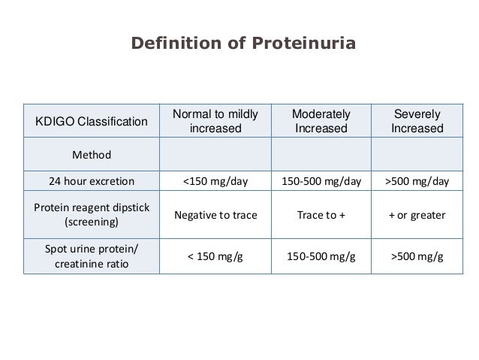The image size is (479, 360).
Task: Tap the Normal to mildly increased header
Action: coord(215,122)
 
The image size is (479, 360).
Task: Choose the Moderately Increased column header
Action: coord(321,122)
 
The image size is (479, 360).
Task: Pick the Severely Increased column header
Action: coord(417,122)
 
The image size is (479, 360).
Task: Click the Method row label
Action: coord(92,156)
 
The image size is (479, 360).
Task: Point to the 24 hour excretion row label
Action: coord(92,181)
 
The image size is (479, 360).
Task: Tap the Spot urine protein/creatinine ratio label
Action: coord(92,257)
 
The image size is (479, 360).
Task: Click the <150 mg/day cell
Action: coord(215,181)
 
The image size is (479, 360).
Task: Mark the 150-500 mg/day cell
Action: coord(321,181)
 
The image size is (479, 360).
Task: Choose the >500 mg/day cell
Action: coord(417,181)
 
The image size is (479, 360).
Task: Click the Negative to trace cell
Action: coord(215,215)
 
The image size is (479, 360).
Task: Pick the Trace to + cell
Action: coord(321,215)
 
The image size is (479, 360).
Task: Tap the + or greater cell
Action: coord(417,215)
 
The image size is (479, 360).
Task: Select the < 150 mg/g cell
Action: coord(215,257)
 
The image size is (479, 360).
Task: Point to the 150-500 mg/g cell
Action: coord(321,257)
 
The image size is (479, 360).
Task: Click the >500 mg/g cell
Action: coord(417,257)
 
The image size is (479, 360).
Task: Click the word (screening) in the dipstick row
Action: coord(92,223)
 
